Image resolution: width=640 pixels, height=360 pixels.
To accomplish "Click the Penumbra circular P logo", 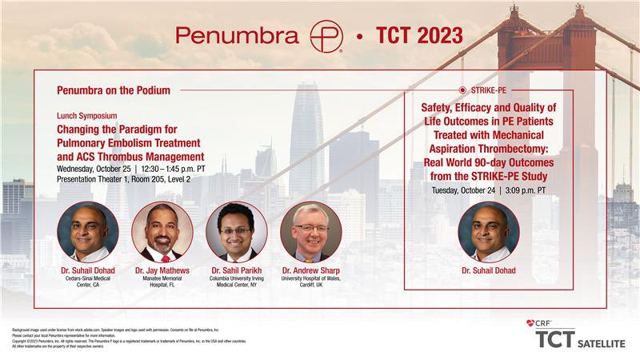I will click(326, 36).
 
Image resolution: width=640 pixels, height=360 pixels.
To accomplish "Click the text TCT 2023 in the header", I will click(419, 36).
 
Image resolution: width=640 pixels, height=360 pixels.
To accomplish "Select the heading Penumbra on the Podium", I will click(114, 90).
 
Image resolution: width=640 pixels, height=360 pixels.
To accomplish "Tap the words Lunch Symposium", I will click(86, 116).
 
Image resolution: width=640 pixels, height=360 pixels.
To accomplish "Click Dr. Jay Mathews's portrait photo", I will click(162, 232).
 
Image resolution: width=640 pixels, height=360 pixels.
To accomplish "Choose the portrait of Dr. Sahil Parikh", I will click(236, 232).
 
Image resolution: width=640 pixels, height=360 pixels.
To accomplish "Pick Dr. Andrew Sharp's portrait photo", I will click(311, 232).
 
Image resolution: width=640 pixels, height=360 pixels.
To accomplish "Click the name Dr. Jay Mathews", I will click(162, 271).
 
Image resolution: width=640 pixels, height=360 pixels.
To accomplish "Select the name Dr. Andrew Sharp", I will click(311, 271).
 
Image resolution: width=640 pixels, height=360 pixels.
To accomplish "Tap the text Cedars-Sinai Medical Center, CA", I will click(88, 284).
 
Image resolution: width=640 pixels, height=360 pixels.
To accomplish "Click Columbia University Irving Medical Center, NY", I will click(236, 284).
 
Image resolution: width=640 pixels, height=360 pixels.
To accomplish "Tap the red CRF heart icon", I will click(530, 323).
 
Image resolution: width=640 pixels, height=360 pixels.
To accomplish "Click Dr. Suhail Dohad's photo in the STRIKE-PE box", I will click(488, 232).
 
